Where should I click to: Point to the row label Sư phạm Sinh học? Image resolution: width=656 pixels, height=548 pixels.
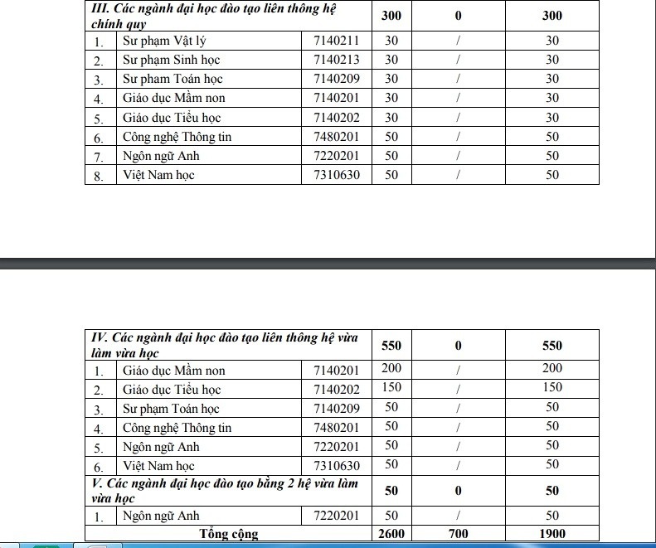coord(171,60)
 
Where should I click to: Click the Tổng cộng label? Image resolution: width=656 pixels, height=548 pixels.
coord(229,534)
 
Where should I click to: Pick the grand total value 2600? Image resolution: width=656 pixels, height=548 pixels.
coord(391,534)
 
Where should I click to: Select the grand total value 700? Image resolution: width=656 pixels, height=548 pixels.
coord(458,534)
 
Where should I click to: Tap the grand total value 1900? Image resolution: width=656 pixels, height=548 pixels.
coord(552,534)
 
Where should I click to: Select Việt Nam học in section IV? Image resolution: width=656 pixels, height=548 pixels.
coord(158,465)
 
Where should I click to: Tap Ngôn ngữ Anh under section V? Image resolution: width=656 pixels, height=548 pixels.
coord(161,516)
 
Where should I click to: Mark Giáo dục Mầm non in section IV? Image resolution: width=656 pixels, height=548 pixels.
coord(173,371)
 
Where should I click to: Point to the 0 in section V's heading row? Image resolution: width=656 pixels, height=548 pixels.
coord(458,491)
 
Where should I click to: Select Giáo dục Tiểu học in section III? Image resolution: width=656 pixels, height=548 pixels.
coord(171,118)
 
